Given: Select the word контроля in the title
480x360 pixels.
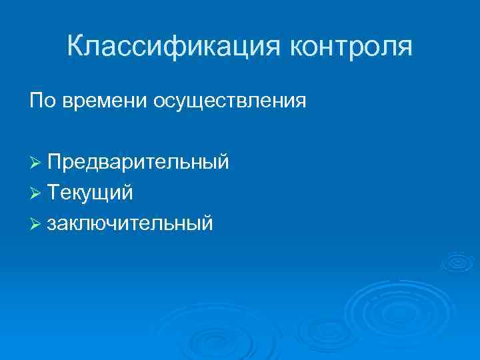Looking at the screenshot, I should coord(351,47).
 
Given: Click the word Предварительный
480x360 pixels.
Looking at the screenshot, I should coord(139,163).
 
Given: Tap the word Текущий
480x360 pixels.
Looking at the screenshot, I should coord(90,193).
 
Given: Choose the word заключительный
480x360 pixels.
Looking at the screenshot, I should coord(131,223).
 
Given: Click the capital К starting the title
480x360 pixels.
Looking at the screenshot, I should coord(76,46).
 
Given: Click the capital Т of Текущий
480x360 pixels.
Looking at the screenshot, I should coord(53,193).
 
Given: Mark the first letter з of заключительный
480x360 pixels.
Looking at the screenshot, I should coord(52,224).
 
